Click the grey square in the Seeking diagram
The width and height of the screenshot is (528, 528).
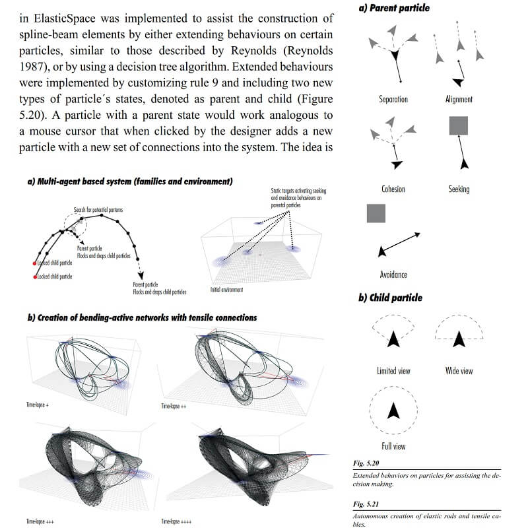pos(459,126)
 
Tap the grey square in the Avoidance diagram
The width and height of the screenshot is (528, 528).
pos(376,213)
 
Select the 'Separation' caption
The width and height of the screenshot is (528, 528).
pos(393,100)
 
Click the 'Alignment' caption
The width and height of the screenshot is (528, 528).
pos(459,100)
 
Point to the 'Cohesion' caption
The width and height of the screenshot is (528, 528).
pos(393,189)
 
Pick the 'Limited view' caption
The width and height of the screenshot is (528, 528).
pos(393,371)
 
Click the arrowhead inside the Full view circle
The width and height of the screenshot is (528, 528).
pos(393,411)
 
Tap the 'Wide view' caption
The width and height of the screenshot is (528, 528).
pos(459,371)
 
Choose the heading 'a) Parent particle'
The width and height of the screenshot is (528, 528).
pos(393,9)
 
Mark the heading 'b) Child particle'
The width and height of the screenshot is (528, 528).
pos(391,298)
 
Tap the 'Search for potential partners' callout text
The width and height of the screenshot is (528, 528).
pos(98,209)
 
